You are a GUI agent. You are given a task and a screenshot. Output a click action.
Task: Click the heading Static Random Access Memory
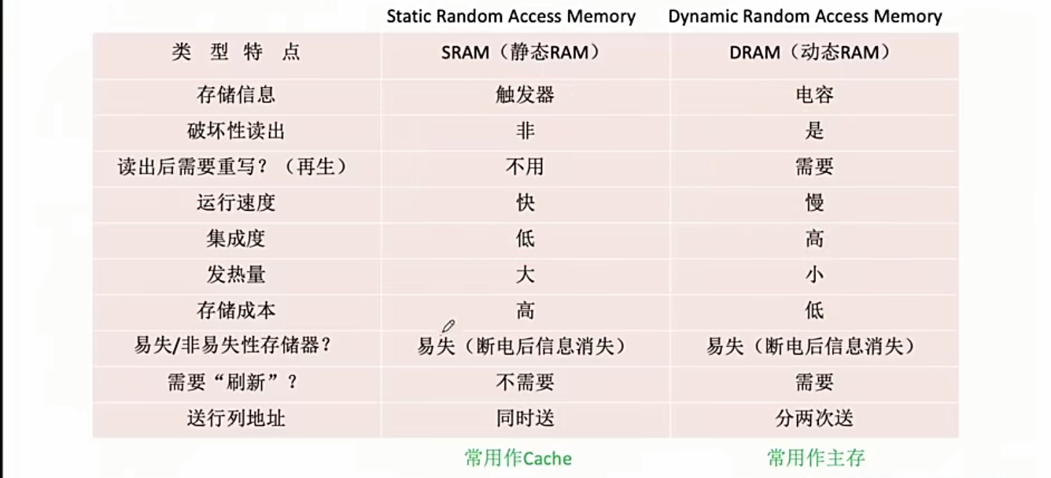point(511,17)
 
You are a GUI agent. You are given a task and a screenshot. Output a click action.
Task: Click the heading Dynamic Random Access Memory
point(805,17)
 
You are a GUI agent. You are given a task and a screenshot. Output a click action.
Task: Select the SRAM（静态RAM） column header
point(525,53)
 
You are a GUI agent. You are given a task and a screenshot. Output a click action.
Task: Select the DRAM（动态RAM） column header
point(814,53)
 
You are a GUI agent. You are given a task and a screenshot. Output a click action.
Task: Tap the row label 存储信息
point(236,95)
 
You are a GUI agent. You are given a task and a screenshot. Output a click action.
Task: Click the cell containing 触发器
point(525,95)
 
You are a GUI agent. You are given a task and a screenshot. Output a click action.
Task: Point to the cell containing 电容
point(814,95)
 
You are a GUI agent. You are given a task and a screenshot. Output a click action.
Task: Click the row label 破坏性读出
point(236,131)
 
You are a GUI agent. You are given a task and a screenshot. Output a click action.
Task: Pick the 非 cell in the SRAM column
point(525,131)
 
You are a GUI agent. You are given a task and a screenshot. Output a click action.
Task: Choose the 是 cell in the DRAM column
point(814,131)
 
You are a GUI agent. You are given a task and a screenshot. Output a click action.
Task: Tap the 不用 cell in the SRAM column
point(525,167)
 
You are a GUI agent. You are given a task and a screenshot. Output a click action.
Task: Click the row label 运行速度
point(236,203)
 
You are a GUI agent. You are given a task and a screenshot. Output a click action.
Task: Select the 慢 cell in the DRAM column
point(814,203)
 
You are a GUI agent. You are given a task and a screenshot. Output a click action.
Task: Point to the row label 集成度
point(236,238)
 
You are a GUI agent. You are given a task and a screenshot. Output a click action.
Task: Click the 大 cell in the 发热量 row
point(525,274)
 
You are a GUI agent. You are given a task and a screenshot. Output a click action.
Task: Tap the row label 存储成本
point(236,310)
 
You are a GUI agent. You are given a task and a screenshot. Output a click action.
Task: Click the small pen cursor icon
point(448,325)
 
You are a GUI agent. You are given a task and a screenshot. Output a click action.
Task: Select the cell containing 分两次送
point(814,417)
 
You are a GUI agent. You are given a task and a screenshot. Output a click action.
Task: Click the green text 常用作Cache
point(518,458)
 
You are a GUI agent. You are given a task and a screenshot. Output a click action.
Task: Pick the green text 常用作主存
point(816,458)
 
